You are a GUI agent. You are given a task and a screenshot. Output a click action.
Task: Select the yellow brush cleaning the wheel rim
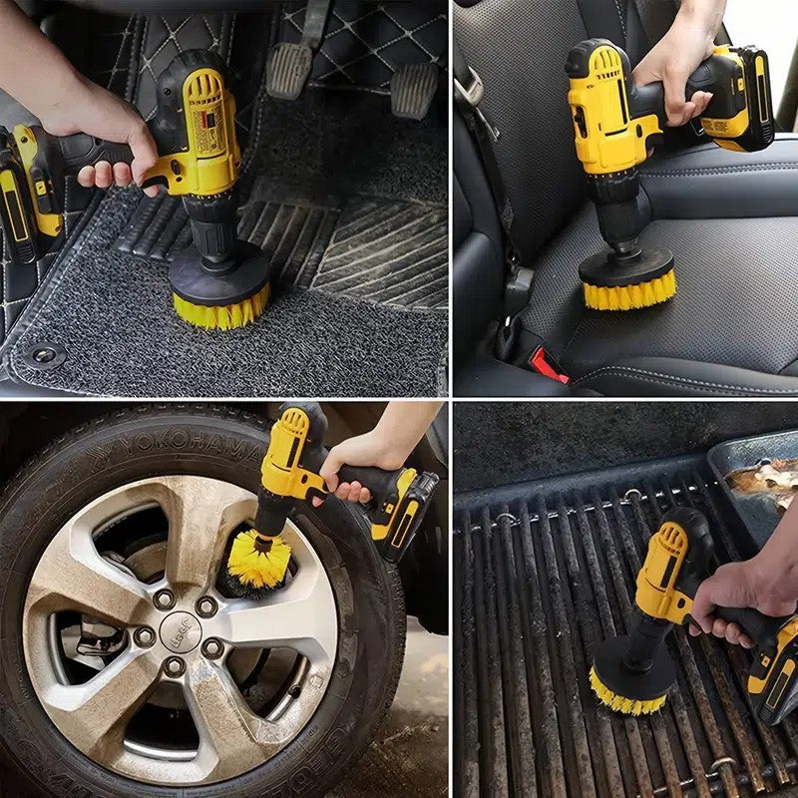[x=257, y=559]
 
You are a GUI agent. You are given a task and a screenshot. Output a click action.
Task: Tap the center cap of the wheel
[x=180, y=631]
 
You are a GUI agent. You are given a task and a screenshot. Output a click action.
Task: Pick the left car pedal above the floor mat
[x=290, y=70]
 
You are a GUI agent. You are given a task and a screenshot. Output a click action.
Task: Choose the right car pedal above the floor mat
[x=414, y=90]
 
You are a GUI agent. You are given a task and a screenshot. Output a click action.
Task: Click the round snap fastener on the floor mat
[x=44, y=354]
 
